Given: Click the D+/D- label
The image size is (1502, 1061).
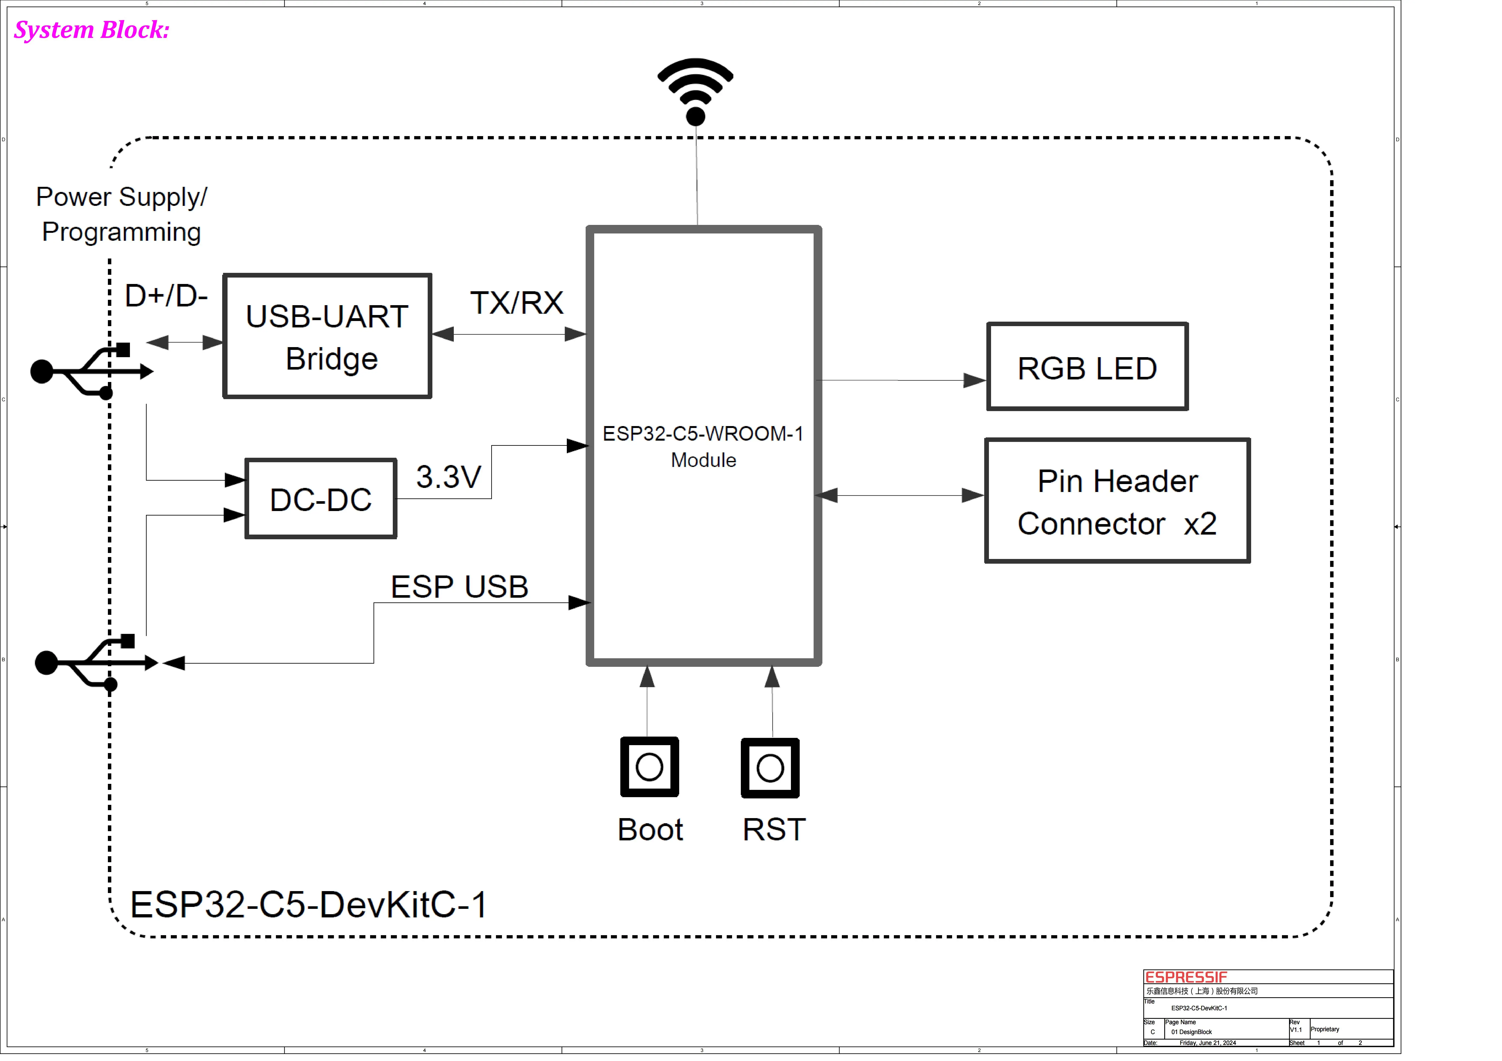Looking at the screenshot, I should click(x=166, y=296).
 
